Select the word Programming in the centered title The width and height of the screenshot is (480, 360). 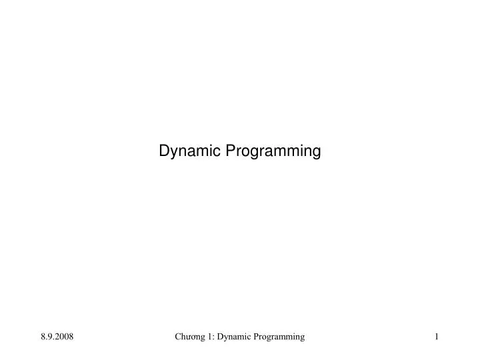[x=273, y=151]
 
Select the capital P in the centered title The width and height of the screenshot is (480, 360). [x=230, y=151]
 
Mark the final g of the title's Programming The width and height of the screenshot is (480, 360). [x=317, y=153]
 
